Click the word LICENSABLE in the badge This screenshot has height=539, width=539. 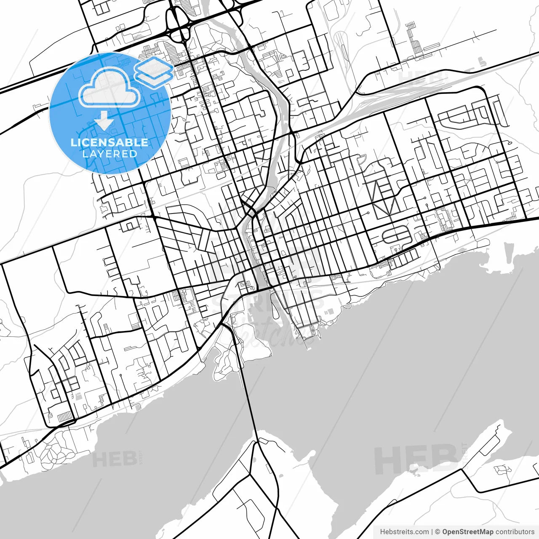pos(109,142)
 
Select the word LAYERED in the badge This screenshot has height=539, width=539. pos(109,154)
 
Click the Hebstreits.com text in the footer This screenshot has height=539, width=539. pos(404,532)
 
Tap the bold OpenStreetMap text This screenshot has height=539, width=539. pos(467,532)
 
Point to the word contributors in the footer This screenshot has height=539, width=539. pos(515,532)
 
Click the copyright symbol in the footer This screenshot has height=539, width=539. pos(438,532)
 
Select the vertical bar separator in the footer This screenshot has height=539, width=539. pos(432,532)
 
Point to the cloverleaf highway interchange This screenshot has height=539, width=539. pos(179,25)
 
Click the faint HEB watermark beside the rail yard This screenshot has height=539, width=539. pos(421,77)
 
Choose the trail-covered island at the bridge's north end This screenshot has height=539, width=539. pos(225,358)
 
